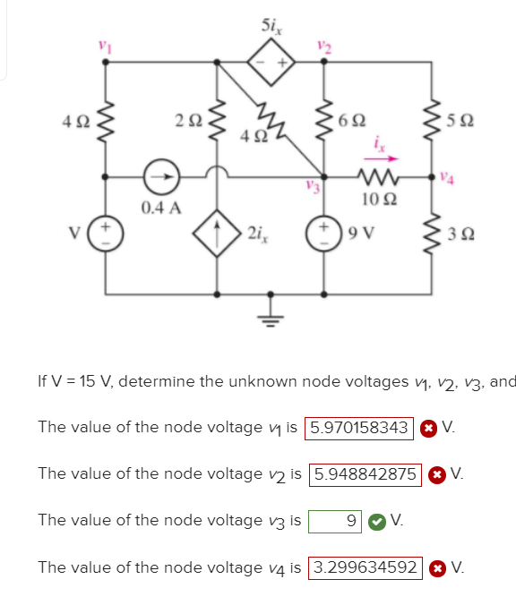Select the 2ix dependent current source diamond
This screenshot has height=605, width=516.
click(218, 235)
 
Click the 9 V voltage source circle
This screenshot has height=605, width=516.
click(323, 235)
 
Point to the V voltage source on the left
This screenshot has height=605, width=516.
click(107, 235)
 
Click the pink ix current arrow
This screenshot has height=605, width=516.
click(381, 158)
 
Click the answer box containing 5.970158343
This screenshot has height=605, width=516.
click(359, 427)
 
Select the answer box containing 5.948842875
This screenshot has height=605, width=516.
click(364, 473)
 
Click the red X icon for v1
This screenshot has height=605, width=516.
click(428, 428)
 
